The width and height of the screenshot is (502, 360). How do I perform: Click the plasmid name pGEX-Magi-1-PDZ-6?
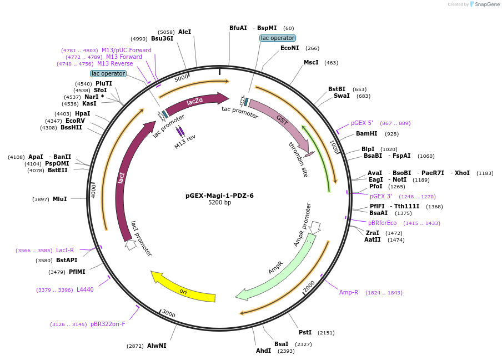(219, 196)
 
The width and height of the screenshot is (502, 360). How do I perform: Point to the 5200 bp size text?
(219, 203)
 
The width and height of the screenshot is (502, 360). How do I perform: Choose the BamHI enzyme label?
(367, 134)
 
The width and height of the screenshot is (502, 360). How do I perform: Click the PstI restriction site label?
(305, 332)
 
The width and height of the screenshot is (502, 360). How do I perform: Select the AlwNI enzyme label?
(157, 346)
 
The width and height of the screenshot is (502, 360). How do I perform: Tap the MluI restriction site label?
(59, 199)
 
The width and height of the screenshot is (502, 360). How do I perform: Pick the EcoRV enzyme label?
(75, 121)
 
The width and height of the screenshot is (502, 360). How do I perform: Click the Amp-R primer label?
(349, 292)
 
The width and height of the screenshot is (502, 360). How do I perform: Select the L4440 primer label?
(85, 289)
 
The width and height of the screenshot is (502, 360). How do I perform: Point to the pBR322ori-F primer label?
(108, 324)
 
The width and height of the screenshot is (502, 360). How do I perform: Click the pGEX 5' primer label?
(362, 123)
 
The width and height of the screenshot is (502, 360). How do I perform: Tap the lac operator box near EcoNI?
(278, 38)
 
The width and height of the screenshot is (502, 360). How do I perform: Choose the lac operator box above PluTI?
(108, 73)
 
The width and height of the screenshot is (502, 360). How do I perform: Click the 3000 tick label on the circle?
(169, 314)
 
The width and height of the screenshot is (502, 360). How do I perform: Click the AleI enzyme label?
(184, 32)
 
